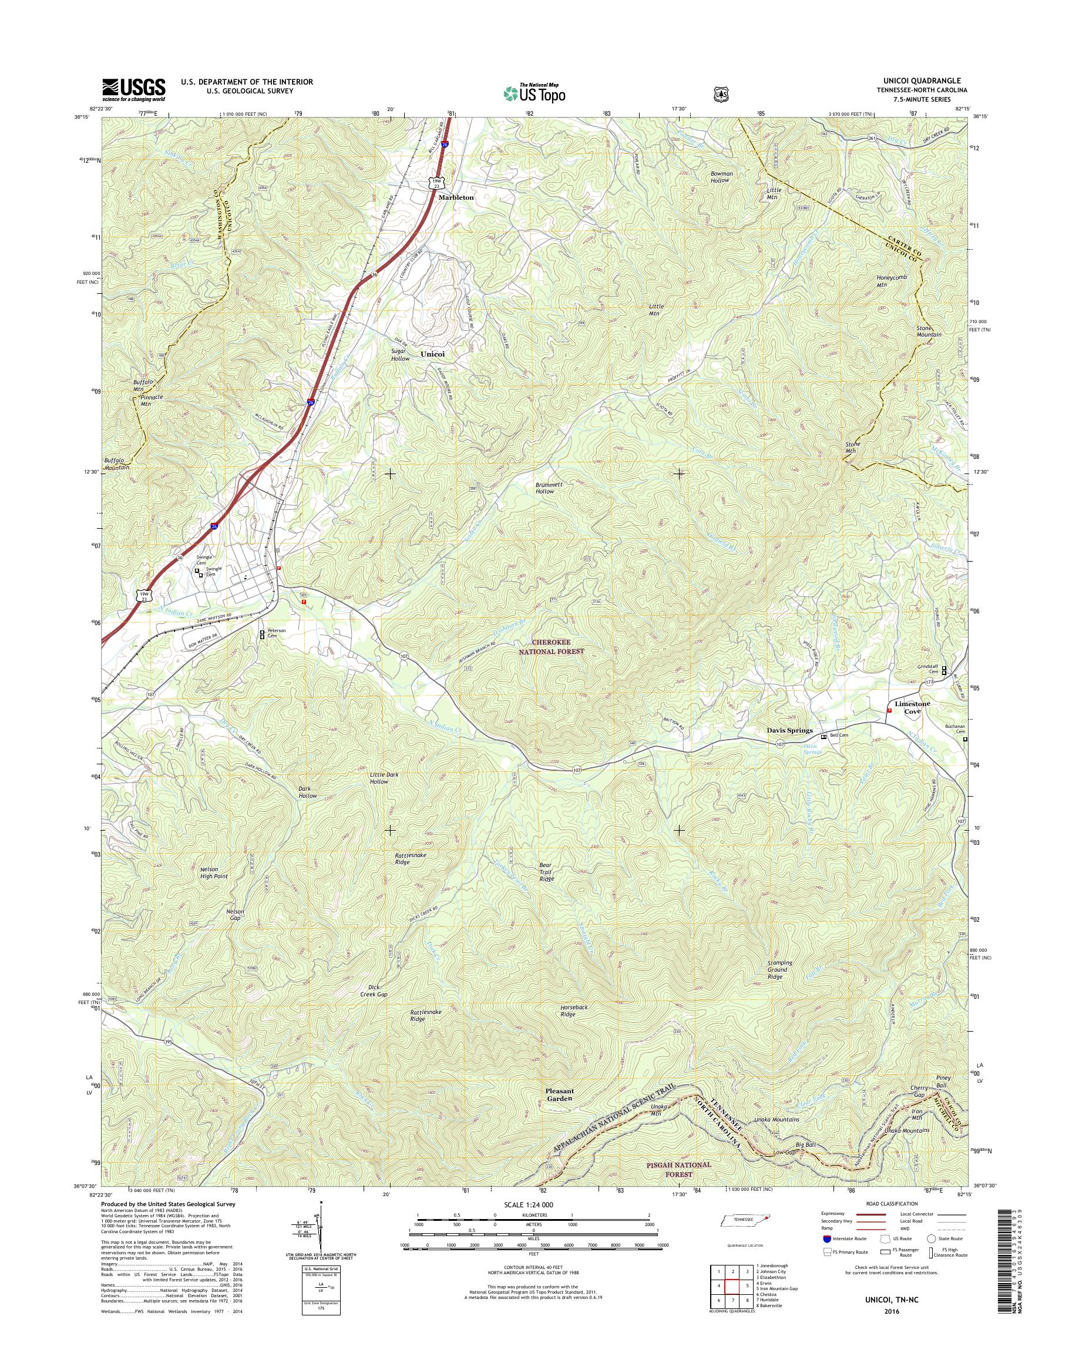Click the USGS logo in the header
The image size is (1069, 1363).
point(134,89)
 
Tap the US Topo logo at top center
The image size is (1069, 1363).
point(534,93)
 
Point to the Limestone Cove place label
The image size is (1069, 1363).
point(913,707)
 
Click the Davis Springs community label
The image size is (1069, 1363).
point(790,730)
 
